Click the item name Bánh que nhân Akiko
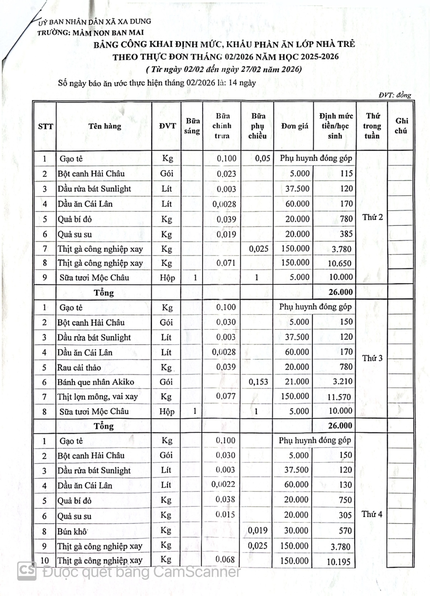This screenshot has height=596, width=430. click(96, 382)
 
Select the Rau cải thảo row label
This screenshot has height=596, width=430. click(79, 368)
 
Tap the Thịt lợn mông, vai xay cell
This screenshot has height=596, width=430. click(98, 397)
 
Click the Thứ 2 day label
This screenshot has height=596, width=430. click(372, 217)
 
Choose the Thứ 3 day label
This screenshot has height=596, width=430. click(372, 358)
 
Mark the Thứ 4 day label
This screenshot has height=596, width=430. click(372, 514)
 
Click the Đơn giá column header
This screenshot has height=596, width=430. click(295, 126)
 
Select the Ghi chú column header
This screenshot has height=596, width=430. click(401, 126)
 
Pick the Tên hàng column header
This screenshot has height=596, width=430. click(105, 126)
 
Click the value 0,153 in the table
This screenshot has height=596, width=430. click(258, 382)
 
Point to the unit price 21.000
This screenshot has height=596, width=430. click(297, 382)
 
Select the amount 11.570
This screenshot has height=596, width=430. click(340, 397)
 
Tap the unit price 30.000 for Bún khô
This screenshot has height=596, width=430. click(296, 531)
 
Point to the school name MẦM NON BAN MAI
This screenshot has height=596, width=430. click(108, 33)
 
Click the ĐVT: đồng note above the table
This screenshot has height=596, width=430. click(395, 95)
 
